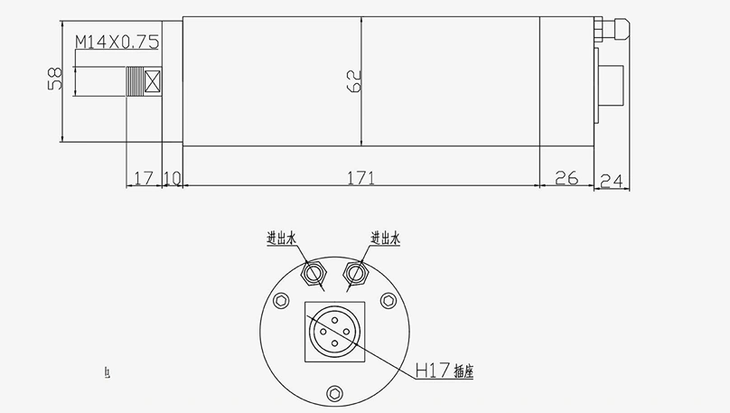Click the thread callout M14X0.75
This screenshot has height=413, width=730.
click(117, 42)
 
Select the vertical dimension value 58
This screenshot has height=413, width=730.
click(53, 79)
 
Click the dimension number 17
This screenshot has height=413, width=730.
click(142, 178)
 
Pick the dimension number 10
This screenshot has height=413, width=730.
click(173, 178)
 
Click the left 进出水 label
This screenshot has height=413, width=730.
click(281, 239)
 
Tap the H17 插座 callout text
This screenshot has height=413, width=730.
click(443, 370)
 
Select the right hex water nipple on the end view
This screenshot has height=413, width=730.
click(357, 270)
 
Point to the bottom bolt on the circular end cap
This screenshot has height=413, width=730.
click(336, 392)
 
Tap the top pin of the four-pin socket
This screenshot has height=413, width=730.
click(335, 318)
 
